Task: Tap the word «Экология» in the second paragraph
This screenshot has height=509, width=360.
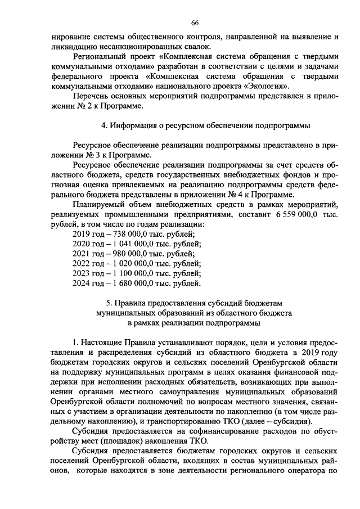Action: pos(267,87)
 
